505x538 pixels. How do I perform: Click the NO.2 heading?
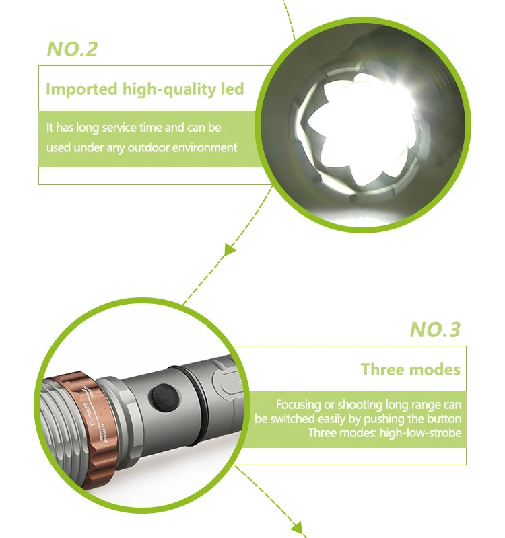pos(73,50)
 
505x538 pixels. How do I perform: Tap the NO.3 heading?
pos(435,330)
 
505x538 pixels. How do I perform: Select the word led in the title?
pos(231,89)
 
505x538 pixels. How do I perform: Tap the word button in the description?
pos(441,419)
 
